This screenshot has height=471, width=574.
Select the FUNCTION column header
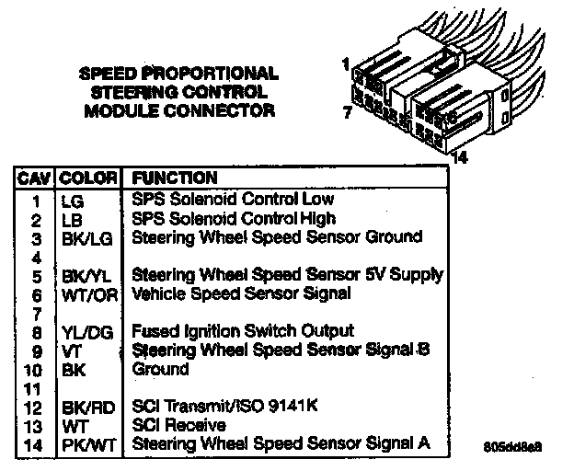pyautogui.click(x=176, y=178)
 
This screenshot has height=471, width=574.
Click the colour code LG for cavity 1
pyautogui.click(x=71, y=199)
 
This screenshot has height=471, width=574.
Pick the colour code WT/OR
pyautogui.click(x=87, y=294)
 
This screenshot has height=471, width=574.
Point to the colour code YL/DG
pyautogui.click(x=87, y=331)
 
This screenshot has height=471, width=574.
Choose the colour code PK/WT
pyautogui.click(x=87, y=444)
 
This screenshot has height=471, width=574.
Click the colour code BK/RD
pyautogui.click(x=87, y=407)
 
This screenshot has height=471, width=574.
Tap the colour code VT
pyautogui.click(x=71, y=350)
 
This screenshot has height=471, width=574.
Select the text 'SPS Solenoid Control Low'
pyautogui.click(x=233, y=199)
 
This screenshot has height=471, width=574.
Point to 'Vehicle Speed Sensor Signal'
pyautogui.click(x=241, y=294)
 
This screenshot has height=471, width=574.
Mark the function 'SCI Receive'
pyautogui.click(x=179, y=425)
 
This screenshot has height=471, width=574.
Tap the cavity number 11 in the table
pyautogui.click(x=35, y=388)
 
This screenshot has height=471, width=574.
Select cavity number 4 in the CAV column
pyautogui.click(x=37, y=257)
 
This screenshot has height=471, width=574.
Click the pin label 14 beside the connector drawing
pyautogui.click(x=460, y=157)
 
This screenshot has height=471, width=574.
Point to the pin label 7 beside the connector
pyautogui.click(x=347, y=113)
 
